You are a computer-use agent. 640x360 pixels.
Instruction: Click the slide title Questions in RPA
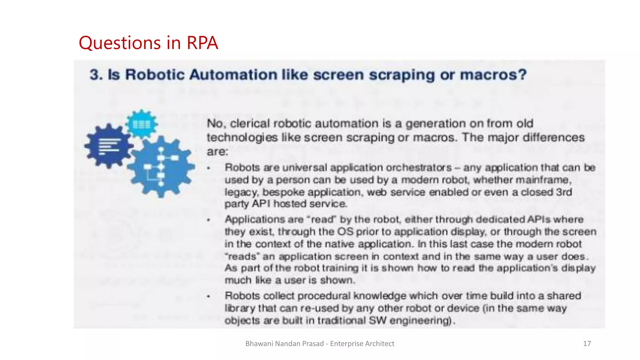tap(148, 43)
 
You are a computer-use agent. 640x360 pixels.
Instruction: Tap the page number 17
tap(587, 344)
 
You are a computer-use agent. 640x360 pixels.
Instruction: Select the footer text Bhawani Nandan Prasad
tap(284, 344)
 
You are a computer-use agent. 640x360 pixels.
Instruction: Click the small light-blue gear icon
tap(142, 124)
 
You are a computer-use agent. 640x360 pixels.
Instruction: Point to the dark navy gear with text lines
tap(108, 146)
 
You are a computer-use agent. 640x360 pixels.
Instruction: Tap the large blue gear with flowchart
tap(161, 167)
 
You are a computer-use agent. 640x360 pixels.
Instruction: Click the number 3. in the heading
tap(97, 75)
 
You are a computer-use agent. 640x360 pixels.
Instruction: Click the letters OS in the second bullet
tap(345, 232)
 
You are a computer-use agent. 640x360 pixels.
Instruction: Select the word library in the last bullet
tap(240, 308)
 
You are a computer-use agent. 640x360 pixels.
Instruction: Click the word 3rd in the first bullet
tap(564, 192)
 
